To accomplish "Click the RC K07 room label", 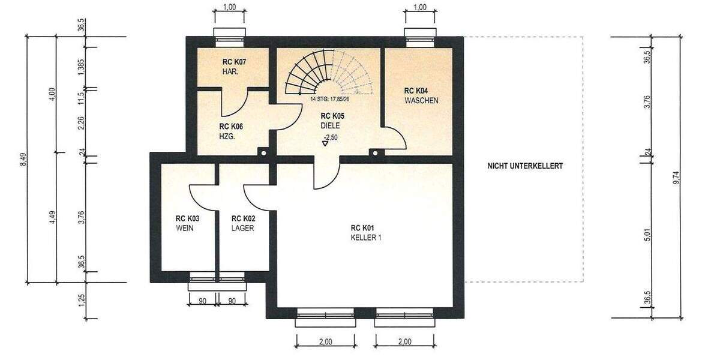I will pyautogui.click(x=235, y=61).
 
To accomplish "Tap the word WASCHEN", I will pyautogui.click(x=421, y=100).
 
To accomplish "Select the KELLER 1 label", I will pyautogui.click(x=366, y=238).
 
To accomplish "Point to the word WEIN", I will pyautogui.click(x=184, y=229).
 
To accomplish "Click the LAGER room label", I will pyautogui.click(x=243, y=229).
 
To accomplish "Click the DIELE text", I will pyautogui.click(x=330, y=125).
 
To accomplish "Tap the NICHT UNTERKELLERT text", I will pyautogui.click(x=525, y=166).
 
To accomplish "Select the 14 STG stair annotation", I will pyautogui.click(x=330, y=100).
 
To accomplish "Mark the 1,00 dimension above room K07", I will pyautogui.click(x=229, y=7).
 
